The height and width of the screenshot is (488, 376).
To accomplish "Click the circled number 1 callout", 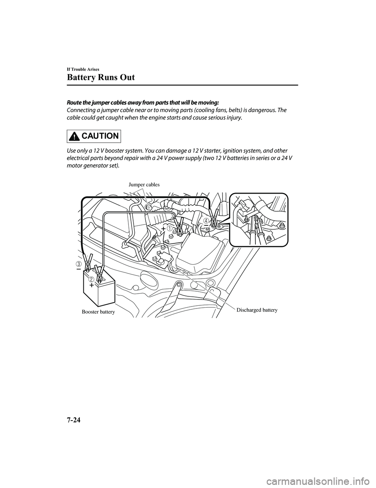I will point(169,228).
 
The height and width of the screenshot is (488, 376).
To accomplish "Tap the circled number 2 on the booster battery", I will point(91,279).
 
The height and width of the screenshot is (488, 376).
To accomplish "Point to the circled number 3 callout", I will point(79,263).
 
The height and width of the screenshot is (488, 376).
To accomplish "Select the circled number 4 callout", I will point(206,221).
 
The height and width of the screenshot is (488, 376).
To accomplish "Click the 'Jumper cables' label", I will point(144,184).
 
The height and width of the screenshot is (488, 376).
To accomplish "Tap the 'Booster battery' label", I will point(98,312).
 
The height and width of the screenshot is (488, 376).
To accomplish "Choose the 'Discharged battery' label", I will point(257,310).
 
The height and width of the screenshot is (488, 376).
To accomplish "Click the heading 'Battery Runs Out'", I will point(101,77).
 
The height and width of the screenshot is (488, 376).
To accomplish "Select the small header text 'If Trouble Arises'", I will point(83,69).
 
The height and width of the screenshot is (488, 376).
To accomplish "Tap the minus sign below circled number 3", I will point(79,270).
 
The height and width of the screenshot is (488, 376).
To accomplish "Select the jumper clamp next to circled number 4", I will point(214,218).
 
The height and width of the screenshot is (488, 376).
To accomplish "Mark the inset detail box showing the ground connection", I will point(258,220).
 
